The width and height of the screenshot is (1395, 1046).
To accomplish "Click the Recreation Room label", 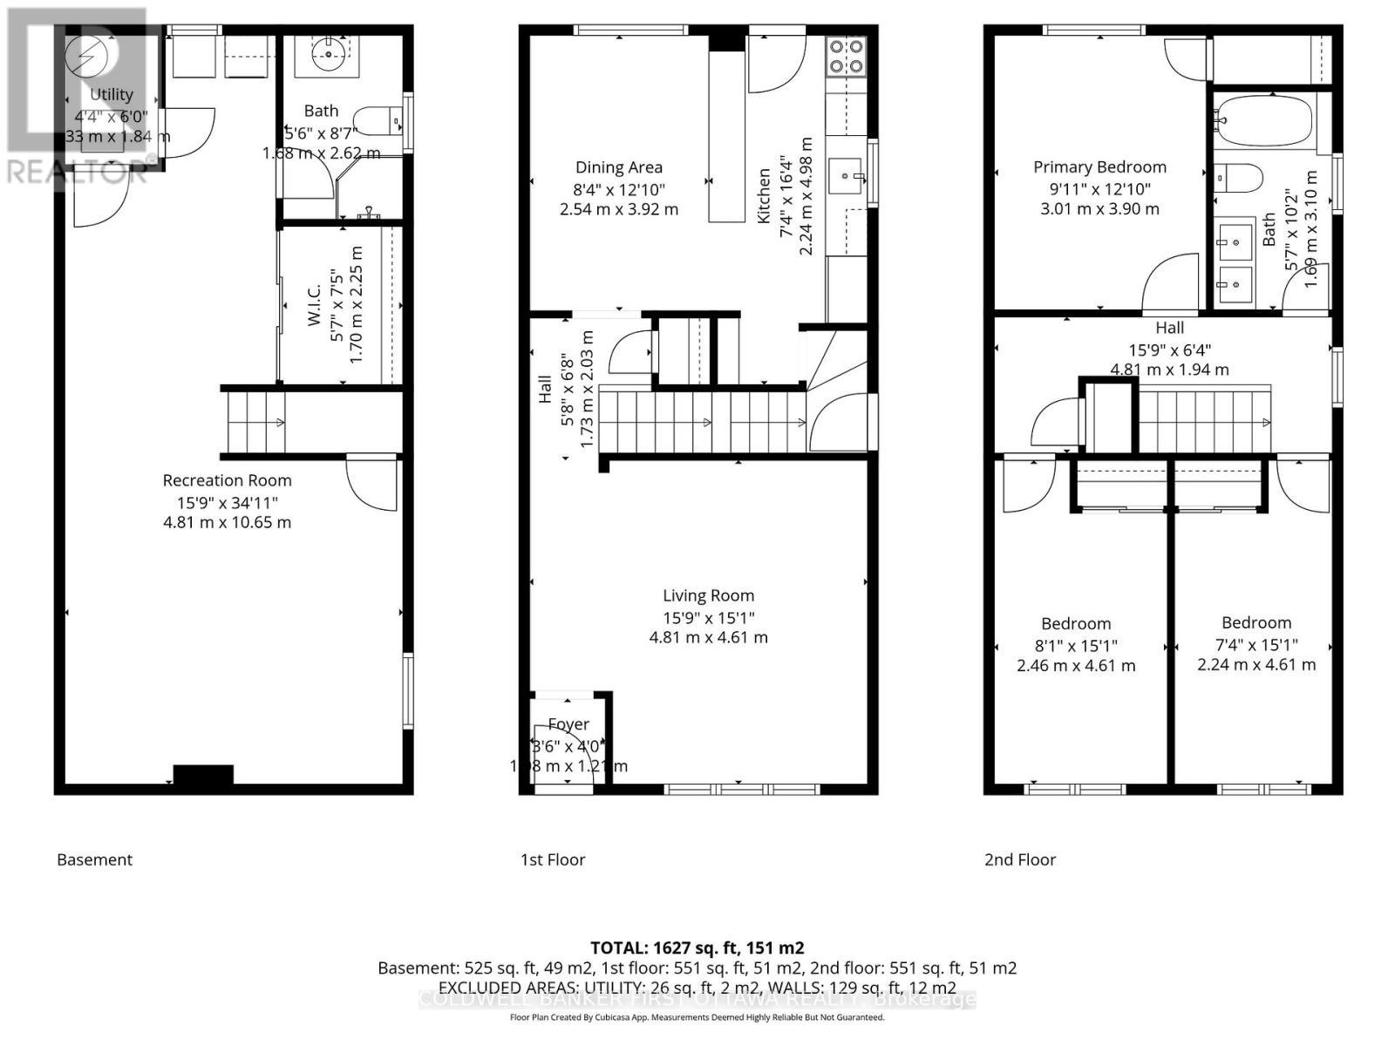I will [227, 480].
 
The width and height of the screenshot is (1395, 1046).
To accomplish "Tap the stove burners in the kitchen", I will [846, 55].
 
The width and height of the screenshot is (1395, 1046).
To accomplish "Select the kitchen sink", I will [845, 178].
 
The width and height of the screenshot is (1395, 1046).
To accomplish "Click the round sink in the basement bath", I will [330, 55].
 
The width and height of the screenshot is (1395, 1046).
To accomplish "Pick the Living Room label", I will [708, 596].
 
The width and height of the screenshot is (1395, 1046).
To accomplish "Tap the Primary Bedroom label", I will [1099, 167].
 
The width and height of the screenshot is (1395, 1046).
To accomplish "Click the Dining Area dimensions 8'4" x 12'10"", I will [619, 188].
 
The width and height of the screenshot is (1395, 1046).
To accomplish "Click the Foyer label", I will [568, 724].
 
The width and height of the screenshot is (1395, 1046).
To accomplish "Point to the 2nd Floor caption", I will [1020, 859].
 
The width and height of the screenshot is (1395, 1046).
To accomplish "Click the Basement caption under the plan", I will [94, 859].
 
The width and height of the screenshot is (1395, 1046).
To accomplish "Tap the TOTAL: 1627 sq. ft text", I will [697, 948].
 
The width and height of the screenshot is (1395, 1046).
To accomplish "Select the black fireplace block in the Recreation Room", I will [203, 774].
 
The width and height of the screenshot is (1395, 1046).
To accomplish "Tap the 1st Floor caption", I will [553, 859].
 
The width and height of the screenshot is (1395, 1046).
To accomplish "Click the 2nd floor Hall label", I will [1169, 328].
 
